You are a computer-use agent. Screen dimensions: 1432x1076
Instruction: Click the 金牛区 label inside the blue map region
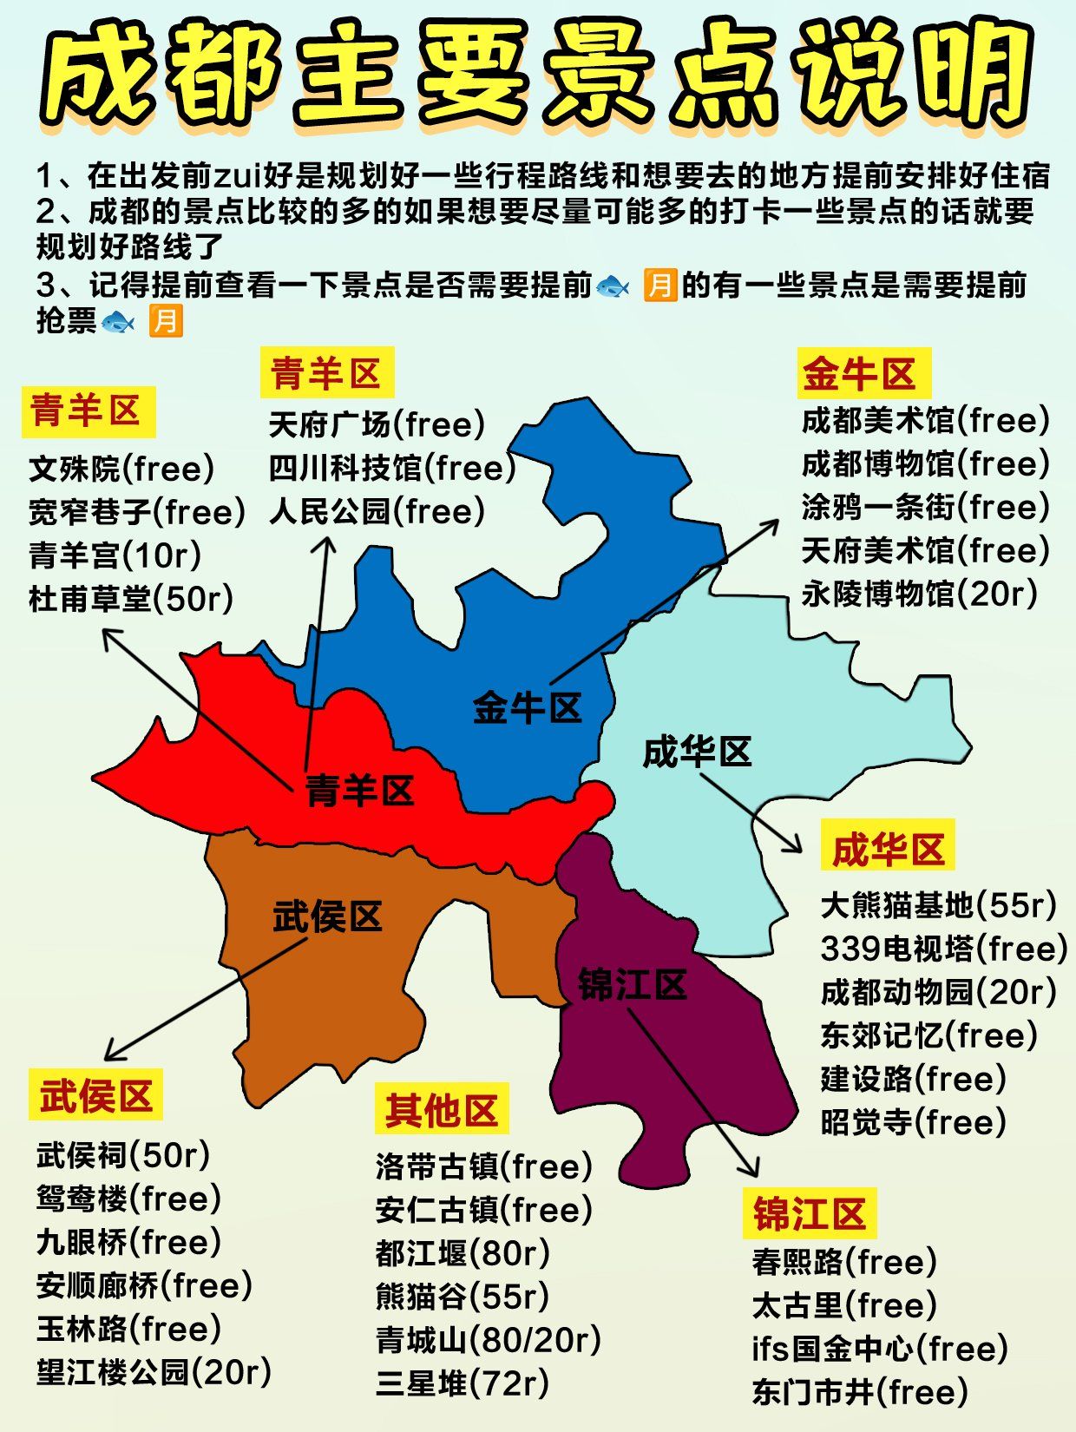[x=527, y=708]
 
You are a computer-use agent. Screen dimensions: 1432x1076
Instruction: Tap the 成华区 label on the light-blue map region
[x=697, y=752]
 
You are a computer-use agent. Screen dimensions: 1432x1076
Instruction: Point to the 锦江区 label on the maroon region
[x=633, y=985]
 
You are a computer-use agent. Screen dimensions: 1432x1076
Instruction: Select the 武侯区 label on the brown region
[x=327, y=916]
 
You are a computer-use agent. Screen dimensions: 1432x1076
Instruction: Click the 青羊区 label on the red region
[x=359, y=791]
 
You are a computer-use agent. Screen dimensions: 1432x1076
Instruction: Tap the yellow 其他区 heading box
[x=442, y=1109]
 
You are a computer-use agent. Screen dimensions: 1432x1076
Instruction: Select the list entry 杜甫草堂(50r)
[x=131, y=599]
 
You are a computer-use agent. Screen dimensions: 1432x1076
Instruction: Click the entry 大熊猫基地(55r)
[x=938, y=905]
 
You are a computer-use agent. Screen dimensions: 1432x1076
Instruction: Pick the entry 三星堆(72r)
[x=463, y=1383]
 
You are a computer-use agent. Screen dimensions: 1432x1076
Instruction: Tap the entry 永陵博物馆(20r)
[x=919, y=594]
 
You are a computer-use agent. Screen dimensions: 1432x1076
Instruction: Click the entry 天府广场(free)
[x=377, y=425]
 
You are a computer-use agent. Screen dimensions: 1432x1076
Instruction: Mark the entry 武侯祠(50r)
[x=123, y=1155]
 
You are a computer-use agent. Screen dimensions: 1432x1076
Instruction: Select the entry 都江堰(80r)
[x=463, y=1253]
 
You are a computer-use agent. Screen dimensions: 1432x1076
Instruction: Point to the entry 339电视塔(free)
[x=943, y=949]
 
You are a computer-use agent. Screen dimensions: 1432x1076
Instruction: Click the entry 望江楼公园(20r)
[x=154, y=1372]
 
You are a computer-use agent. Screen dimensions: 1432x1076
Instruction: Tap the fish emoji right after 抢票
[x=118, y=323]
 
